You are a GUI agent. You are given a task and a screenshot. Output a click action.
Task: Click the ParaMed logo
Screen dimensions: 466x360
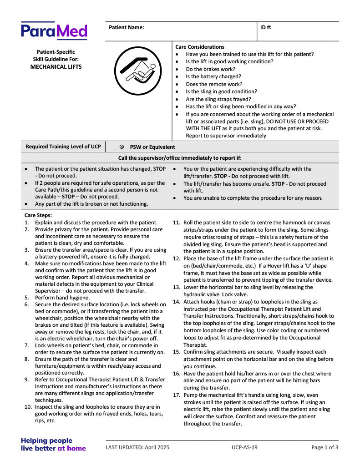(54, 31)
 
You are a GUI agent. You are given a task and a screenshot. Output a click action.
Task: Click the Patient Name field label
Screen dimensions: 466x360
(126, 27)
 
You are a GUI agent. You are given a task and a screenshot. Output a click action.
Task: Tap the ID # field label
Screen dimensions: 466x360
(266, 27)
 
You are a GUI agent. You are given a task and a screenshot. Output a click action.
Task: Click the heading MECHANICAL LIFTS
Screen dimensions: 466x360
(56, 66)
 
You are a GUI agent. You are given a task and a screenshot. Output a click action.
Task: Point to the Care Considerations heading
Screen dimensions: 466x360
(200, 47)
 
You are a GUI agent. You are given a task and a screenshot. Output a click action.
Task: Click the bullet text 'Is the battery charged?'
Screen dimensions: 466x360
(213, 76)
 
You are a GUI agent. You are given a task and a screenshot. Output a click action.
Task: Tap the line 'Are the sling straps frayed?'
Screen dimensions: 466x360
(218, 99)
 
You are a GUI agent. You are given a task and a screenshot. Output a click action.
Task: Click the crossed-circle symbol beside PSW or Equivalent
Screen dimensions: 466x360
(122, 147)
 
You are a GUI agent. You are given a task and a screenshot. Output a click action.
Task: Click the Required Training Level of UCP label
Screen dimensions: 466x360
(63, 147)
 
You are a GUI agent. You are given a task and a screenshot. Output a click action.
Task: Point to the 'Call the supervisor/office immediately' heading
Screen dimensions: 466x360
(180, 158)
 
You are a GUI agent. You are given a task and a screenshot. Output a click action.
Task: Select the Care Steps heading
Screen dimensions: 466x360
(38, 215)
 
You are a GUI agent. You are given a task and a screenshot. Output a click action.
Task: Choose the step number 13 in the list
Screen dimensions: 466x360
(177, 287)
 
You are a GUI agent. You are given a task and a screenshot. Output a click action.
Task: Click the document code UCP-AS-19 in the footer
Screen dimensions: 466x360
(244, 447)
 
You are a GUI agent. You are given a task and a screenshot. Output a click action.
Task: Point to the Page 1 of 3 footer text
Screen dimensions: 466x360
(325, 447)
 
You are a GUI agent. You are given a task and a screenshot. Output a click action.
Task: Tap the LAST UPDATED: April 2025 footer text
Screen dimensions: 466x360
(137, 447)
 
